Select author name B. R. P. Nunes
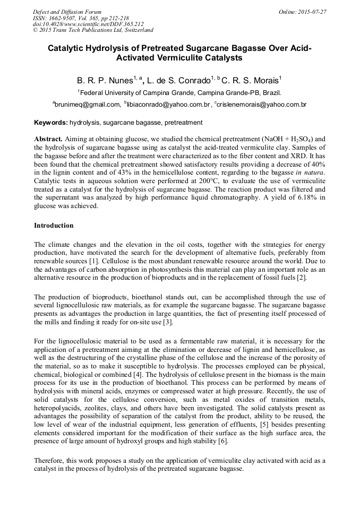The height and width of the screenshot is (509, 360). [104, 81]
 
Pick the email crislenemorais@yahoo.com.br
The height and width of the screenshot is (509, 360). [262, 105]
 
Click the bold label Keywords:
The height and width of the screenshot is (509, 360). [51, 123]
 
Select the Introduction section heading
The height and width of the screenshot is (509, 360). [54, 226]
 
